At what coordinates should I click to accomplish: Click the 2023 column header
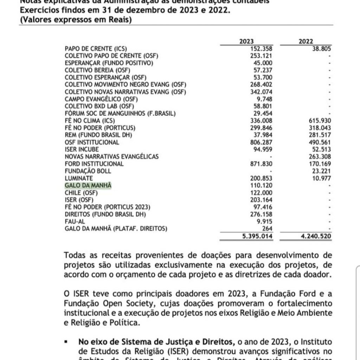tap(246, 41)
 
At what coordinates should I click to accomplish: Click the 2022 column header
tap(306, 41)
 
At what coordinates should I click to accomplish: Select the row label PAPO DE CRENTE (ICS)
tap(96, 49)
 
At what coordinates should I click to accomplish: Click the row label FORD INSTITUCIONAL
tap(94, 164)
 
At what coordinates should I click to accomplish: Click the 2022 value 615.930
tap(318, 121)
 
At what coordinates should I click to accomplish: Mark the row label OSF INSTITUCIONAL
tap(92, 142)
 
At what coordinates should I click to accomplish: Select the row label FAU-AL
tap(75, 221)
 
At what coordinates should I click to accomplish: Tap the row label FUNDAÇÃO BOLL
tap(88, 171)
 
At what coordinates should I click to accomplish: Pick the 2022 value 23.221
tap(320, 171)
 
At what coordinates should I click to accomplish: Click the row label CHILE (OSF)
tap(81, 193)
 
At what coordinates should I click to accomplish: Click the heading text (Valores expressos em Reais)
tap(76, 20)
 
